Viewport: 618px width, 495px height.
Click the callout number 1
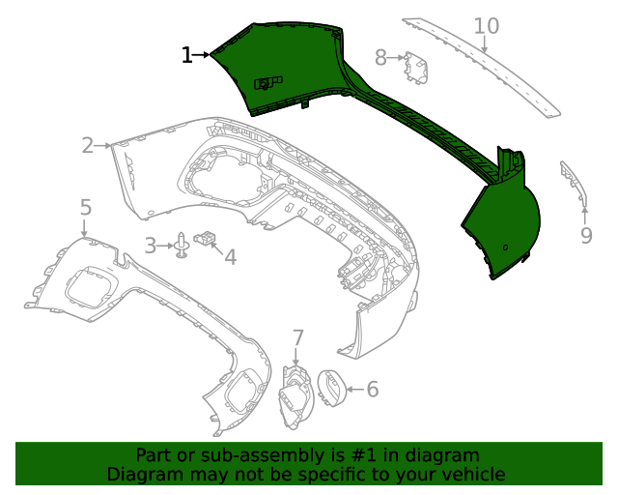pyautogui.click(x=186, y=56)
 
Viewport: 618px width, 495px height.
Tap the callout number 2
pyautogui.click(x=88, y=146)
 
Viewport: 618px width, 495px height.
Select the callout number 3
pyautogui.click(x=151, y=246)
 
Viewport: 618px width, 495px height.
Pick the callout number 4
pyautogui.click(x=230, y=256)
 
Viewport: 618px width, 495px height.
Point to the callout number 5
pyautogui.click(x=85, y=207)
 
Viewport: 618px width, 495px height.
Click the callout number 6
pyautogui.click(x=372, y=390)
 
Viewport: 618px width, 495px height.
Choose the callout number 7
pyautogui.click(x=298, y=338)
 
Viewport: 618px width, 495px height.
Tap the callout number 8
pyautogui.click(x=380, y=58)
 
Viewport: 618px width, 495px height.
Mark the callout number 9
pyautogui.click(x=586, y=234)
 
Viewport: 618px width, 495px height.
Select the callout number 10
pyautogui.click(x=487, y=26)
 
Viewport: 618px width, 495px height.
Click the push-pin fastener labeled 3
pyautogui.click(x=182, y=247)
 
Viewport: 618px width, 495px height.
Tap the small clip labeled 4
pyautogui.click(x=206, y=236)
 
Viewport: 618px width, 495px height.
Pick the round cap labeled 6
pyautogui.click(x=330, y=389)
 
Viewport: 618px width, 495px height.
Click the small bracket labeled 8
pyautogui.click(x=417, y=67)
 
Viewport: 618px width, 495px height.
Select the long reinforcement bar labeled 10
pyautogui.click(x=483, y=68)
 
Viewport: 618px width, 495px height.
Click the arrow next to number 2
pyautogui.click(x=103, y=146)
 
